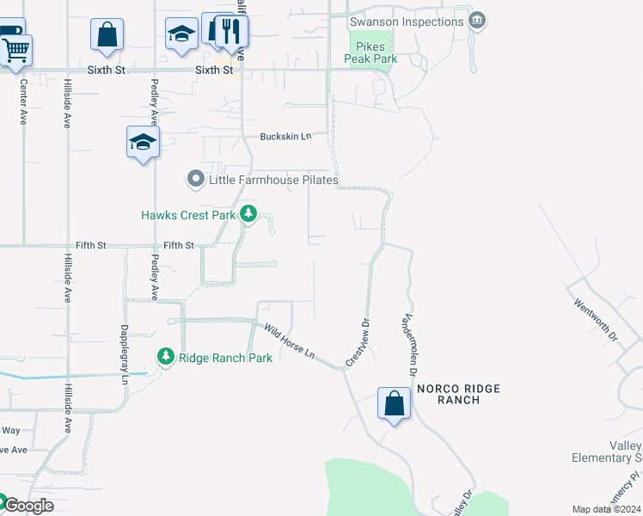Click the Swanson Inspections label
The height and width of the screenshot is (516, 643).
pyautogui.click(x=407, y=20)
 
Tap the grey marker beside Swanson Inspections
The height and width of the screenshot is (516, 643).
pyautogui.click(x=479, y=20)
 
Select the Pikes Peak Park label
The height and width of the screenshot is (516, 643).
pyautogui.click(x=370, y=52)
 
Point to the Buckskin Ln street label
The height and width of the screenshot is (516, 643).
pyautogui.click(x=285, y=137)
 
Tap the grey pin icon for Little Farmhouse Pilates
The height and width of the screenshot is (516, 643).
pyautogui.click(x=195, y=180)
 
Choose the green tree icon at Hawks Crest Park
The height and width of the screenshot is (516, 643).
pyautogui.click(x=248, y=213)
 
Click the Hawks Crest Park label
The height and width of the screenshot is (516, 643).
pyautogui.click(x=188, y=215)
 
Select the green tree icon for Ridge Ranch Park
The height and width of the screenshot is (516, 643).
pyautogui.click(x=164, y=356)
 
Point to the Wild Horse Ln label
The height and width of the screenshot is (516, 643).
pyautogui.click(x=290, y=341)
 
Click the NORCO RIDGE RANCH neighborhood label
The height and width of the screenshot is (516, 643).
pyautogui.click(x=458, y=394)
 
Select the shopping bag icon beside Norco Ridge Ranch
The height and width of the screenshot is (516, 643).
pyautogui.click(x=394, y=402)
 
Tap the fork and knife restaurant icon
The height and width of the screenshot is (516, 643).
pyautogui.click(x=230, y=32)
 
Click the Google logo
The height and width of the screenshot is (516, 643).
pyautogui.click(x=28, y=505)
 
